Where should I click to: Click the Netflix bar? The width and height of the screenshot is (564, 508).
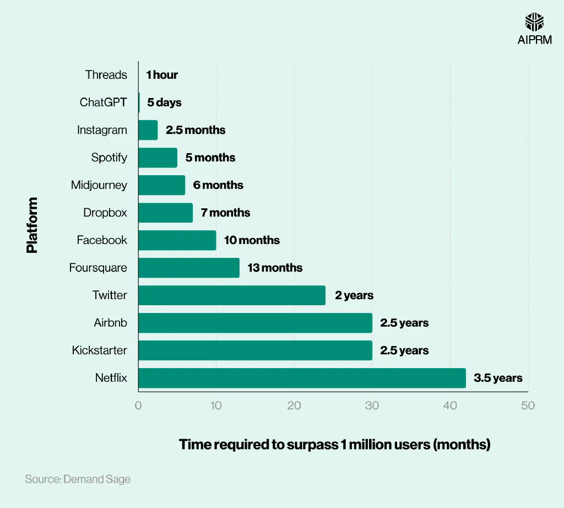point(302,378)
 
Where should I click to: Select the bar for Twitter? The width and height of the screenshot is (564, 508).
point(232,295)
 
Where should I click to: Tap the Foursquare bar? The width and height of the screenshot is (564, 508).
point(189,268)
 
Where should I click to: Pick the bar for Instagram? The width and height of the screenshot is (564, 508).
point(148,130)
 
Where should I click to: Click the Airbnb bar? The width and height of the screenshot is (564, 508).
point(255,323)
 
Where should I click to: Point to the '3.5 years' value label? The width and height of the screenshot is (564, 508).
point(498,378)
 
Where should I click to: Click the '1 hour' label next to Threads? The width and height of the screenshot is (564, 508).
point(162,75)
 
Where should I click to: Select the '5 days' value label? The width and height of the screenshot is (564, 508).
point(164,102)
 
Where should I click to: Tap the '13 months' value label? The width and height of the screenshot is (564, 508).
point(275,268)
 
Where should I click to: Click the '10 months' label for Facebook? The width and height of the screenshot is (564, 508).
point(252,240)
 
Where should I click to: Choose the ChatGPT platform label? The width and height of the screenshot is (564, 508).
point(103,102)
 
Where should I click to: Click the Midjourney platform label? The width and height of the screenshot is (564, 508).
point(99,185)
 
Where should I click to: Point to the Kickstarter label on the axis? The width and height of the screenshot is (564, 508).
point(99,350)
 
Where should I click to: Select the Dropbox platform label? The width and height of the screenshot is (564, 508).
point(105,213)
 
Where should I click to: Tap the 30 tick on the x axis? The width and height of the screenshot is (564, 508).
point(372,406)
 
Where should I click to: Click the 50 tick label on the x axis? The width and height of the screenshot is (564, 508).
point(528,406)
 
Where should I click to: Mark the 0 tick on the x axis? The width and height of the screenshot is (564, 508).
point(138,406)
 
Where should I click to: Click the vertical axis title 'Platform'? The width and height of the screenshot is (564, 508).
point(32,225)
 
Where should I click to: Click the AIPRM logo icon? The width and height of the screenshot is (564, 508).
point(534,21)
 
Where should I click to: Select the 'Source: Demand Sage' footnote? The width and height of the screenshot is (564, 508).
point(78,479)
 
